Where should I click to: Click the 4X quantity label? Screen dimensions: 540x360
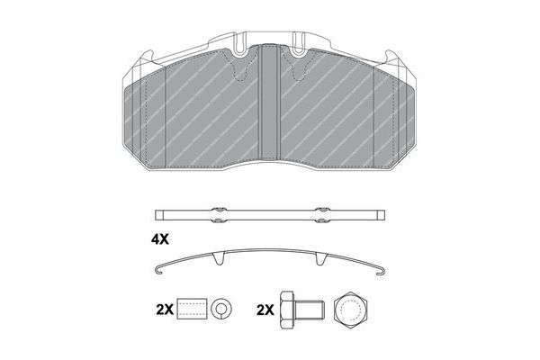click(x=160, y=239)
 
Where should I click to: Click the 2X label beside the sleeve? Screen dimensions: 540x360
click(x=165, y=310)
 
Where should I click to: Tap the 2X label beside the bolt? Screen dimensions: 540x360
click(x=265, y=310)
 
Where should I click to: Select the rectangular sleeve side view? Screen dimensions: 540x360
click(x=193, y=309)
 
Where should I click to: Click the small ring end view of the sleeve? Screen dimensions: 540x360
click(x=220, y=309)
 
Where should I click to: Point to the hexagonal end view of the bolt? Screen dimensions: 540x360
click(x=351, y=310)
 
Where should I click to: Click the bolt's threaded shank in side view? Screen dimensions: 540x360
click(x=310, y=310)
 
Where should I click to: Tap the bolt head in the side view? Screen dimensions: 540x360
click(x=287, y=310)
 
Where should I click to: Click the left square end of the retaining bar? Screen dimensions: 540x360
click(x=159, y=215)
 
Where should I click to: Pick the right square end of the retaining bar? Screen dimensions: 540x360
click(x=381, y=215)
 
